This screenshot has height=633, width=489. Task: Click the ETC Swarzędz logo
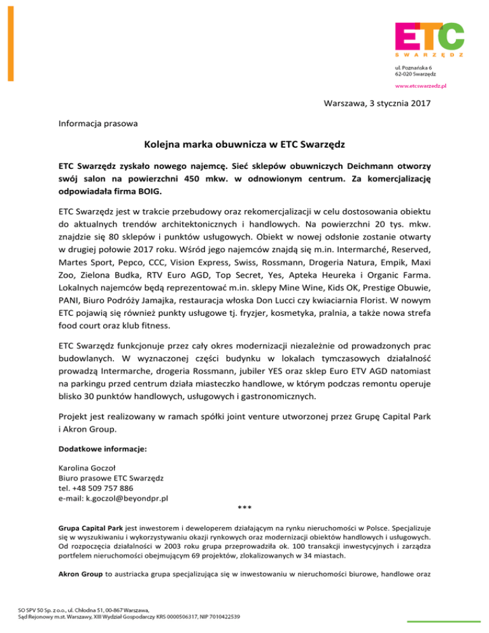click(429, 39)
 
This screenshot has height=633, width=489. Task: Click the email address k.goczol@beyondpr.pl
click(129, 499)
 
